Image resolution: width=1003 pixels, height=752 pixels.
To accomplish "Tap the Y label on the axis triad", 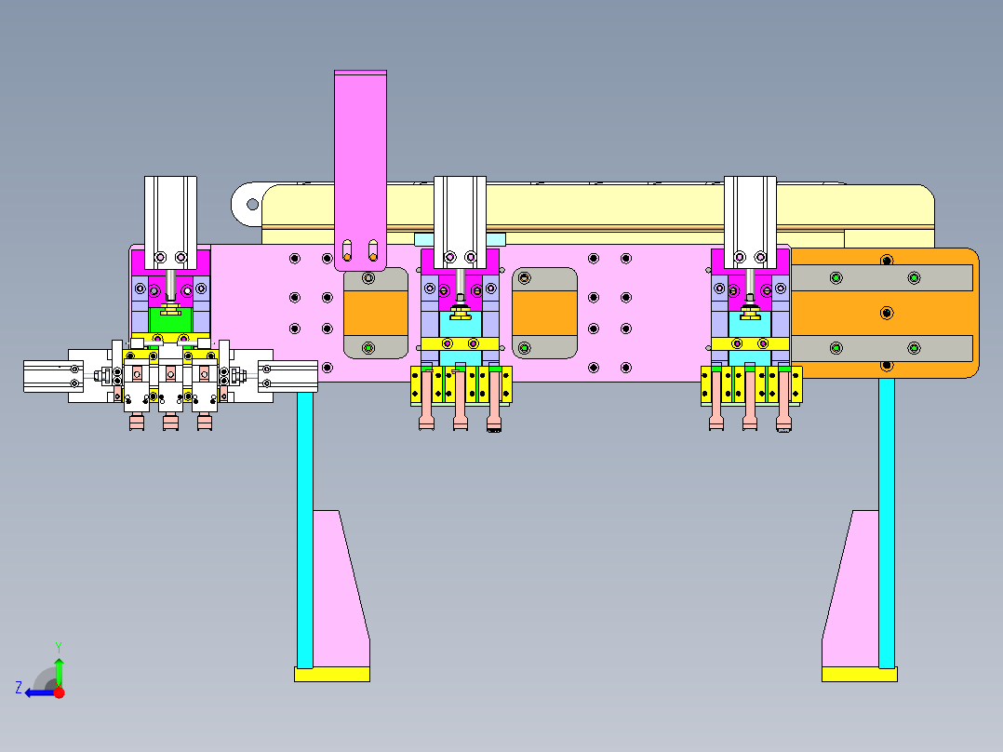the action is click(x=59, y=648).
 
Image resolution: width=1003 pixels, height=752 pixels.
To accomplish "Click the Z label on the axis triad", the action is click(x=19, y=688).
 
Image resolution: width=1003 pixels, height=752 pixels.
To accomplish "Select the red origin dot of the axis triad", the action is click(x=59, y=692).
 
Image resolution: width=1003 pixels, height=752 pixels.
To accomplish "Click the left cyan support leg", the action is click(x=305, y=530).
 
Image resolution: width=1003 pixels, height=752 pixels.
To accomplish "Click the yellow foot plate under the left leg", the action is click(x=332, y=674).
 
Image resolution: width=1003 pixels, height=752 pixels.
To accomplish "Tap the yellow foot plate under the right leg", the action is click(x=859, y=674).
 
